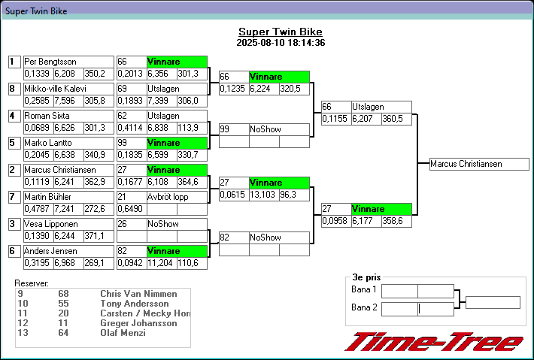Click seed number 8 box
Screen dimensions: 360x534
click(x=13, y=89)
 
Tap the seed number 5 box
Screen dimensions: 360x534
click(x=13, y=143)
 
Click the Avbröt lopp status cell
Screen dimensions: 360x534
click(x=176, y=197)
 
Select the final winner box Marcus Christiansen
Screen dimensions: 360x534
click(x=476, y=164)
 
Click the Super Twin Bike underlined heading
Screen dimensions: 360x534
click(x=280, y=32)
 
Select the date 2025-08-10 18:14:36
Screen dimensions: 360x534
click(x=280, y=43)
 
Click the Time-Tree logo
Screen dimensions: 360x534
click(x=433, y=342)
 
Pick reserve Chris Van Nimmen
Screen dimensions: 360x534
click(x=138, y=293)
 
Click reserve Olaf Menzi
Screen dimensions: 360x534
click(x=123, y=332)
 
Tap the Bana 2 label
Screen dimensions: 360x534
click(x=365, y=307)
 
